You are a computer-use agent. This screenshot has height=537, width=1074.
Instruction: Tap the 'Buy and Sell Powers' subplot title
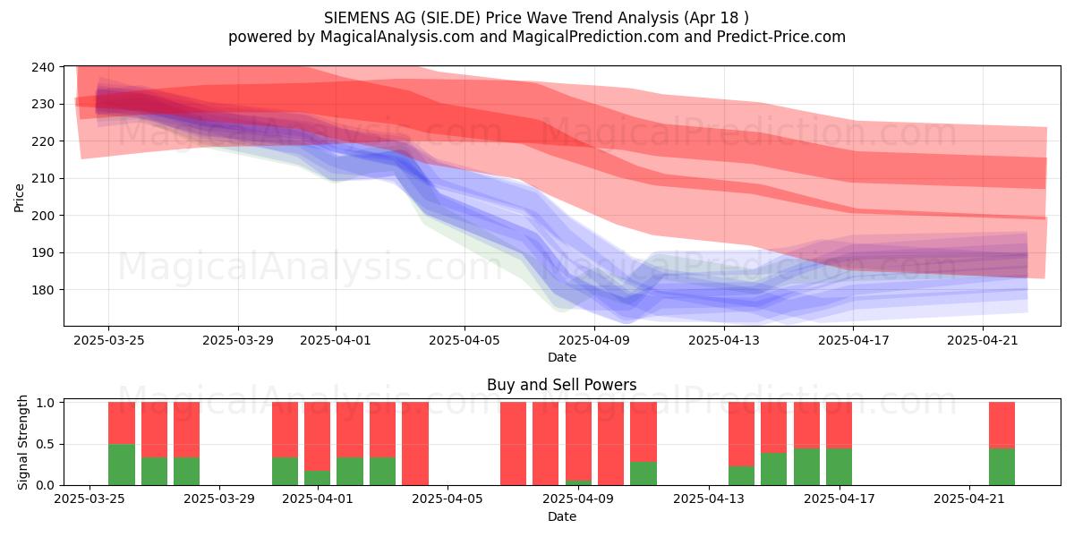point(561,385)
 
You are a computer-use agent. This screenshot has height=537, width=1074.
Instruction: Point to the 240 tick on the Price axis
point(43,67)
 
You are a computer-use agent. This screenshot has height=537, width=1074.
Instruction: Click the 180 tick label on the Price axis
point(43,290)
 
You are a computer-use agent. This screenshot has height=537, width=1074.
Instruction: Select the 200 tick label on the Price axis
point(43,216)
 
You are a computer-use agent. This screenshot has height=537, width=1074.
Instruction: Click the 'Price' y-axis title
point(19,198)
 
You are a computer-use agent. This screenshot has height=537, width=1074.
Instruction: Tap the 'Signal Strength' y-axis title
point(22,442)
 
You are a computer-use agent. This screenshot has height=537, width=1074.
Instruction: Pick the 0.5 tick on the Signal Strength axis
point(45,444)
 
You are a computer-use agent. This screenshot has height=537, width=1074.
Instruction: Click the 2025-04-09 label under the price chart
point(594,340)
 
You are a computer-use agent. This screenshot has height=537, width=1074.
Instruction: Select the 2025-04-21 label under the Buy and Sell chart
point(968,499)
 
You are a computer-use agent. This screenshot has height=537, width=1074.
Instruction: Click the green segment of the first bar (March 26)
point(122,465)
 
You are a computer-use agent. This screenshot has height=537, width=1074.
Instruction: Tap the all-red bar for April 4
point(415,444)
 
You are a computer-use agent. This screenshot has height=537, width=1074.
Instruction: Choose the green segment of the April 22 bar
point(1002,466)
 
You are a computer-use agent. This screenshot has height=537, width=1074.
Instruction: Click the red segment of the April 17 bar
point(840,425)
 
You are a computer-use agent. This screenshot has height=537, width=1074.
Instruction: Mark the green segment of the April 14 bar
point(741,475)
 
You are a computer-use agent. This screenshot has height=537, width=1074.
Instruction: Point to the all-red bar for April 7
point(513,444)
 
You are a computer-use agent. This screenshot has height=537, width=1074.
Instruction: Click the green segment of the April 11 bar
point(644,473)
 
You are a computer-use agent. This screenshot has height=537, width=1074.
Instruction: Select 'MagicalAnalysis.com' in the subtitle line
point(397,37)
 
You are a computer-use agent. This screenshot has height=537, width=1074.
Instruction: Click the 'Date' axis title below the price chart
point(562,357)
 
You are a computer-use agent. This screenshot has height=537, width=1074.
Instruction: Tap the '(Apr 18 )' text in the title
point(716,18)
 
